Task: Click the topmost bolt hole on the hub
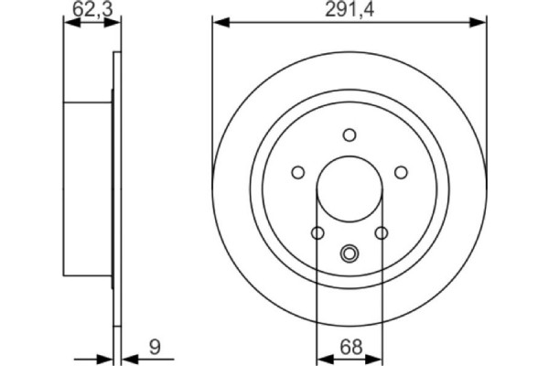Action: coord(349,135)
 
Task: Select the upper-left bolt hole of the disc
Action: coord(296,171)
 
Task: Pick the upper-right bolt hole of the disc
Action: coord(401,171)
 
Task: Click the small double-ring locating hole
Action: coord(349,253)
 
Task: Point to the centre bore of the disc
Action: coord(349,188)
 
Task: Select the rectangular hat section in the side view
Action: coord(88,188)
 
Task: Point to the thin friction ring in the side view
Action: coord(116,188)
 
